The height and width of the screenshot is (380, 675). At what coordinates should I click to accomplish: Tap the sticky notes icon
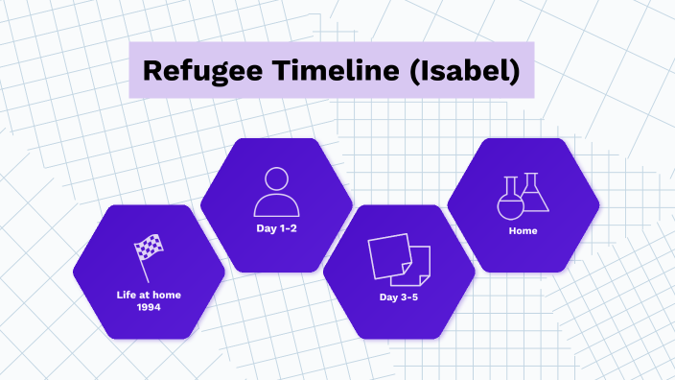pyautogui.click(x=399, y=257)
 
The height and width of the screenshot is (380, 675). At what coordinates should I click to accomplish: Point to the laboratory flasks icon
pyautogui.click(x=523, y=195)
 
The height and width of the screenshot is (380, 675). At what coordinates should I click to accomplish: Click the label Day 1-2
pyautogui.click(x=276, y=229)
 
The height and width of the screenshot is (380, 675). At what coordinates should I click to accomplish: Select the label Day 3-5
pyautogui.click(x=399, y=297)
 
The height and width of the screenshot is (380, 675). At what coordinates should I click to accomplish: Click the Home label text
pyautogui.click(x=523, y=231)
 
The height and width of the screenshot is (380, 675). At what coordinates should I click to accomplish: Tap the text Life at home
pyautogui.click(x=149, y=295)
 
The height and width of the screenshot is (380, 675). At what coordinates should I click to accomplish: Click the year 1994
pyautogui.click(x=149, y=308)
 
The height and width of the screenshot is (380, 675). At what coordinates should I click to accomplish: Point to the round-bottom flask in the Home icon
pyautogui.click(x=509, y=201)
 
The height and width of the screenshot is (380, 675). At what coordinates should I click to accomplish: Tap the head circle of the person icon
pyautogui.click(x=276, y=178)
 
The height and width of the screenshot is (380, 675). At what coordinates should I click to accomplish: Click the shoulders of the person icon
pyautogui.click(x=276, y=205)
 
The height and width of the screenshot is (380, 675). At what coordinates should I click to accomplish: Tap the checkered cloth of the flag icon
pyautogui.click(x=151, y=248)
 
